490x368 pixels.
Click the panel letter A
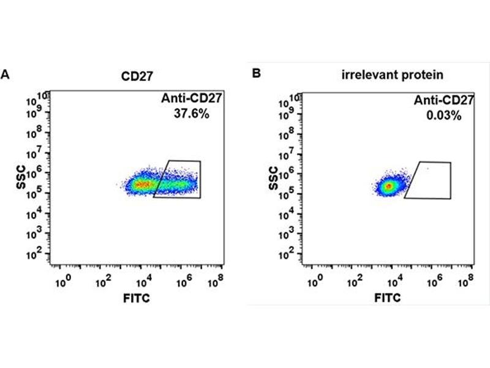[6, 74]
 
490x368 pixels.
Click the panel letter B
[257, 74]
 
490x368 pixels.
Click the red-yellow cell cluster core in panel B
[387, 186]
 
